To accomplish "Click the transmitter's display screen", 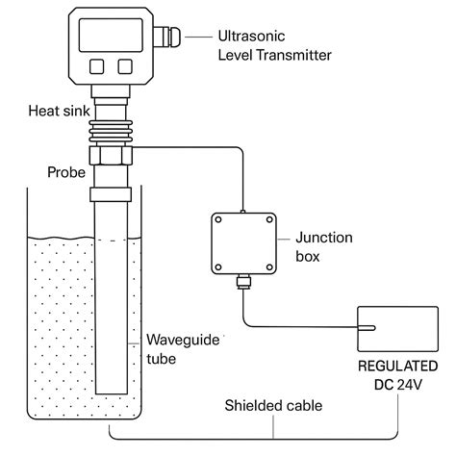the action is [x=111, y=35].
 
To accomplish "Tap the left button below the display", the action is [x=96, y=66].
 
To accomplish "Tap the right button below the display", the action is [x=125, y=66].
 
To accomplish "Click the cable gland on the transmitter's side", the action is [x=166, y=37].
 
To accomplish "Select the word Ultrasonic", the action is [x=251, y=36].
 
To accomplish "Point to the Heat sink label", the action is [x=59, y=111].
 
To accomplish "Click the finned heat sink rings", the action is [x=111, y=132].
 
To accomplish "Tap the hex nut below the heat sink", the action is [x=111, y=156].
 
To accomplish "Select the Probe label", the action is [x=66, y=172].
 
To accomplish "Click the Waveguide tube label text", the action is [x=183, y=349].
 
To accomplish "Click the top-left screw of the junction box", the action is [x=218, y=220].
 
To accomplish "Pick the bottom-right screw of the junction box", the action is [x=269, y=266].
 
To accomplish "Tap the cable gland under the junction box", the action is [x=243, y=282].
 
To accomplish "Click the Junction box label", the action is [x=324, y=247].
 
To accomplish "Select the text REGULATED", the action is [x=398, y=366].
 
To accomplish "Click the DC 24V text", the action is [x=398, y=385].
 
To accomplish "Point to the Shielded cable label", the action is [x=273, y=406].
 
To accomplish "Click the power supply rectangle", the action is [x=398, y=329].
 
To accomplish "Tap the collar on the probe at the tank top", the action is [x=111, y=194].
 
